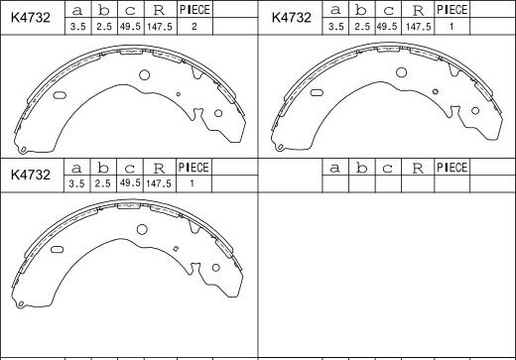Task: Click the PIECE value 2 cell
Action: pos(194,27)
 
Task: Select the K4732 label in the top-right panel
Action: pos(292,17)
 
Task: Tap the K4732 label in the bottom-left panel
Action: pos(30,175)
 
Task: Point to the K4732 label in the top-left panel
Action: pos(30,17)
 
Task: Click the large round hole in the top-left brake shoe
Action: pos(144,75)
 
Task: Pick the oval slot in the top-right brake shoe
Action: pos(317,93)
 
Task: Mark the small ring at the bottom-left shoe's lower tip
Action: pos(21,303)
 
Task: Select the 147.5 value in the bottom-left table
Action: pos(159,183)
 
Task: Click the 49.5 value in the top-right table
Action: pos(386,27)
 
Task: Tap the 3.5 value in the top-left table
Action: pos(78,27)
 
